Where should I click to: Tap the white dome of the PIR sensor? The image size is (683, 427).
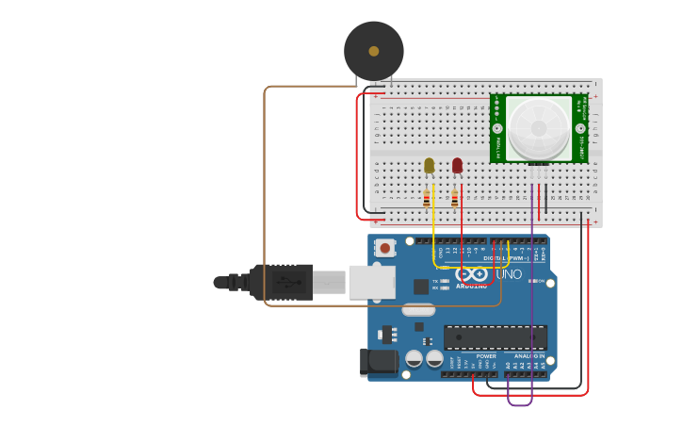click(x=538, y=128)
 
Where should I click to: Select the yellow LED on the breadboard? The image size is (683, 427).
click(x=430, y=166)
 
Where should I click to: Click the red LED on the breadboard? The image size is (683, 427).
click(x=458, y=166)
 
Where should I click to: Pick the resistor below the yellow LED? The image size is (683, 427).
click(x=427, y=199)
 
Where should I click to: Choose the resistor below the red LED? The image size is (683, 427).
click(x=455, y=199)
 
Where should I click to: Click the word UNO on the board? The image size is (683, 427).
click(x=508, y=274)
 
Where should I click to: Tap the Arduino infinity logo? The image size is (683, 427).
click(x=472, y=274)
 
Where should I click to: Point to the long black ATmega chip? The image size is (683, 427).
click(x=495, y=337)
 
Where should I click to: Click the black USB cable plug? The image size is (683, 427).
click(x=283, y=282)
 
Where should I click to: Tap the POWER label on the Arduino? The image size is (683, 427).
click(x=486, y=356)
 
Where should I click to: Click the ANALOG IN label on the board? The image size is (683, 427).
click(x=529, y=356)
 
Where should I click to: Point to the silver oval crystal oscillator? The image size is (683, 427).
click(x=417, y=309)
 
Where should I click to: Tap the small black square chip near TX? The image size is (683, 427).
click(x=421, y=287)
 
